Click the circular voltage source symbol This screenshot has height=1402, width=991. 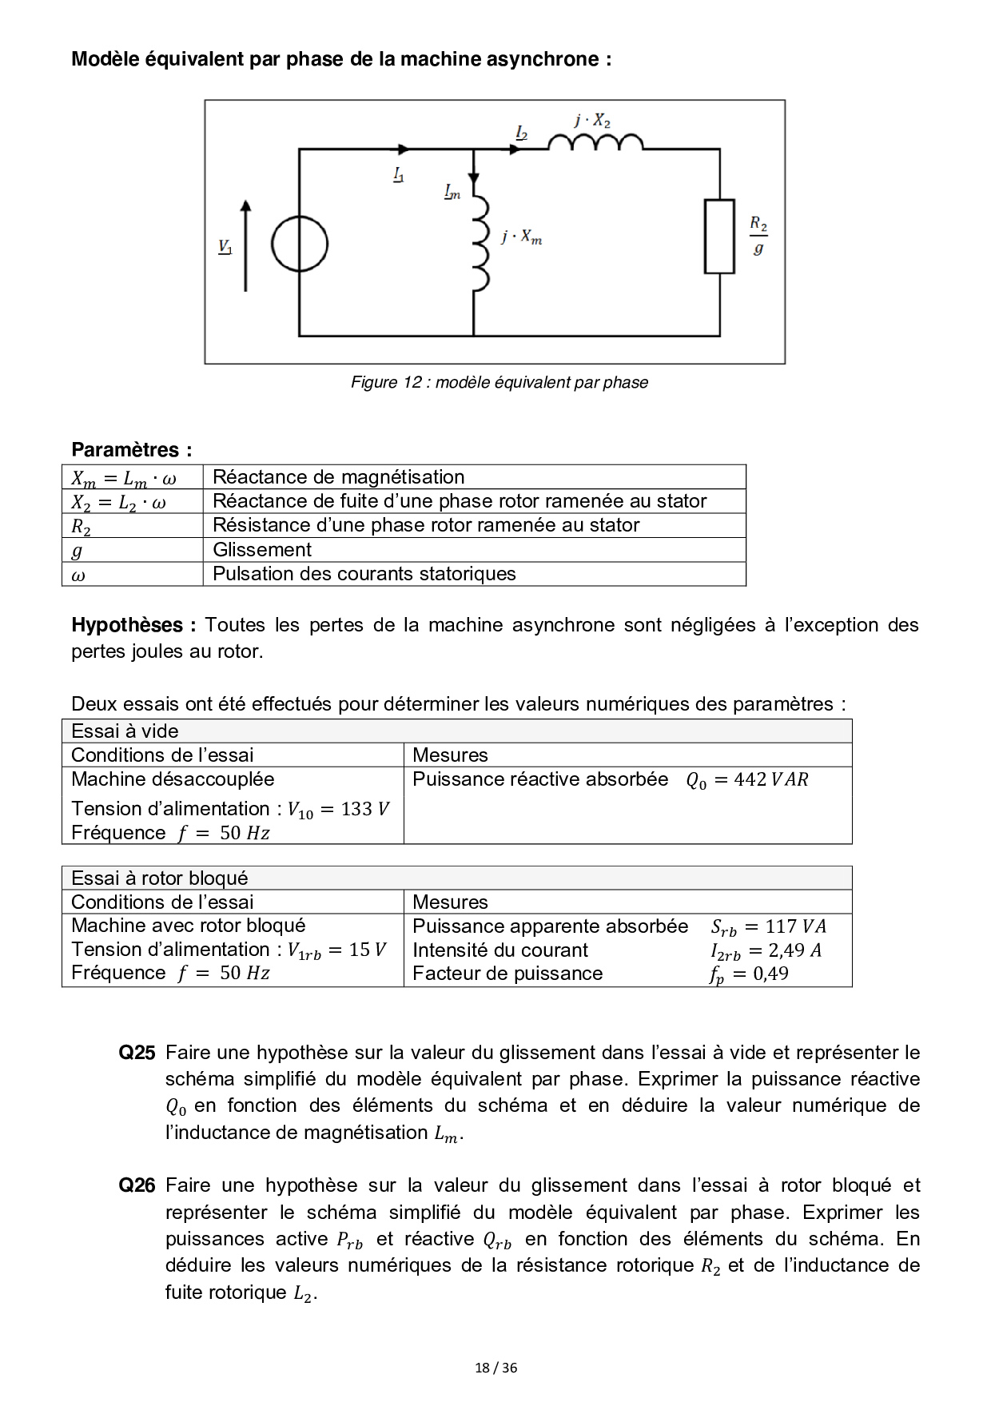click(300, 245)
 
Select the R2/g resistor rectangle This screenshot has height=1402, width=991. click(719, 237)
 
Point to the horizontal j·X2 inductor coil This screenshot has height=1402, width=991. click(595, 142)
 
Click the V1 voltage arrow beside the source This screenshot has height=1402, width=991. click(245, 245)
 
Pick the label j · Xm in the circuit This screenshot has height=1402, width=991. click(522, 237)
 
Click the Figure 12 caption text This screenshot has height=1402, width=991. click(499, 382)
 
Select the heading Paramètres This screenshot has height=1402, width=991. click(132, 449)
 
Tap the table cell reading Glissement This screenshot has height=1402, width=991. click(262, 550)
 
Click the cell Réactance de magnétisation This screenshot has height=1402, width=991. click(338, 477)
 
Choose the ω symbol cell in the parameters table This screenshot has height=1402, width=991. click(78, 575)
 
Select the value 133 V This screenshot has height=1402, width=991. click(364, 809)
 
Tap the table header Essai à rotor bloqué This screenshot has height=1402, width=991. click(160, 878)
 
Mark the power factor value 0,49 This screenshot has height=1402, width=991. click(770, 974)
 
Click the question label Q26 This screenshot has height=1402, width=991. click(137, 1185)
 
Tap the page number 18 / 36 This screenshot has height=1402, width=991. click(495, 1368)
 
